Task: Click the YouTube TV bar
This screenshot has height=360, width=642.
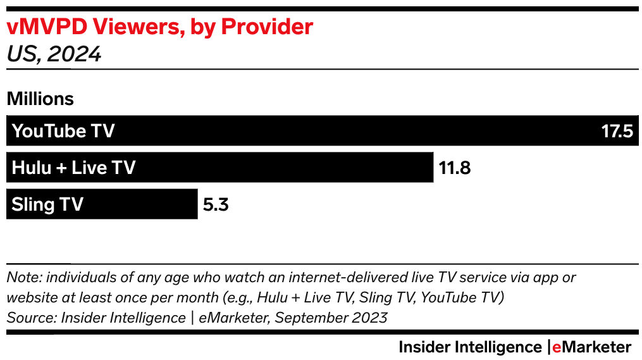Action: pyautogui.click(x=354, y=131)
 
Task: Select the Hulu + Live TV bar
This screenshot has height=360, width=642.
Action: pyautogui.click(x=285, y=168)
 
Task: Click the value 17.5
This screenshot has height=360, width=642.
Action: pyautogui.click(x=617, y=132)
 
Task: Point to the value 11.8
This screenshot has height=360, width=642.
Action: pyautogui.click(x=454, y=168)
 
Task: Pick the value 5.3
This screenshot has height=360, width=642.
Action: pyautogui.click(x=215, y=205)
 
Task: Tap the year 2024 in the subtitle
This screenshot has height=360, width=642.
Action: pyautogui.click(x=75, y=54)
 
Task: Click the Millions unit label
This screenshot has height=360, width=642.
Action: pyautogui.click(x=40, y=99)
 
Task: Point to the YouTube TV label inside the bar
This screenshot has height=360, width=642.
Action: pyautogui.click(x=63, y=132)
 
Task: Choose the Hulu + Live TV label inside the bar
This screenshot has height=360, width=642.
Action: pyautogui.click(x=73, y=168)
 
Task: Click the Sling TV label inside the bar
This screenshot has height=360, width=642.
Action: pyautogui.click(x=47, y=205)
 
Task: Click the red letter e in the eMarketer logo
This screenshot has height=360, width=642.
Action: pyautogui.click(x=556, y=347)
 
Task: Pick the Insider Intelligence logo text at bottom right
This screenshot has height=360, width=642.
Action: pyautogui.click(x=469, y=347)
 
